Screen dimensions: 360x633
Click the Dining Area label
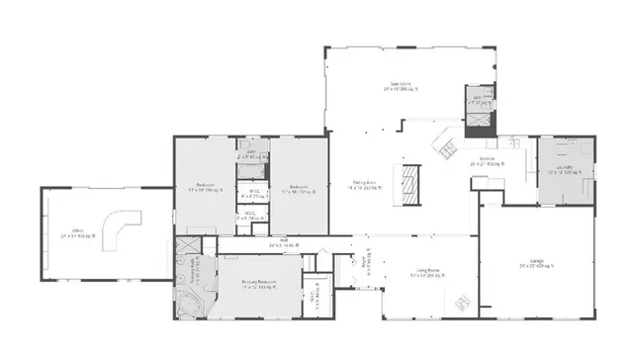(370, 185)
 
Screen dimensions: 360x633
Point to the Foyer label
(371, 264)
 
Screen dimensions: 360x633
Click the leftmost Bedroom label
(206, 186)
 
